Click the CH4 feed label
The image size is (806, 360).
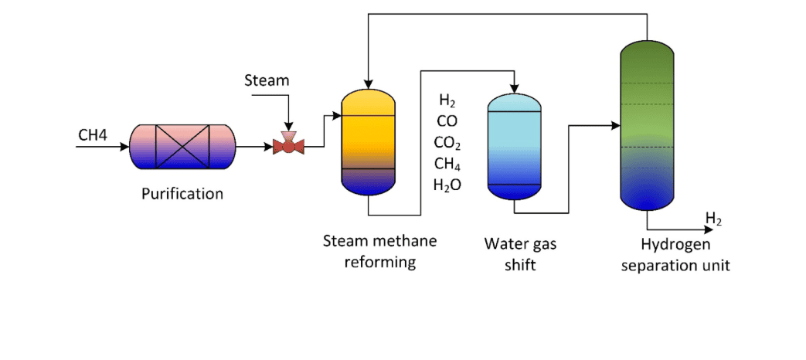click(92, 136)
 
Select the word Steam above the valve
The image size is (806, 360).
click(266, 80)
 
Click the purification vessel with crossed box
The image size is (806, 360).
click(182, 146)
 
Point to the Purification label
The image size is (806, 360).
click(182, 194)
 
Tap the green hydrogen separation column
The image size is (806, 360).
click(647, 127)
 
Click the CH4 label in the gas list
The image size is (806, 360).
click(447, 163)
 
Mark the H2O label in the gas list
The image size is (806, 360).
click(447, 185)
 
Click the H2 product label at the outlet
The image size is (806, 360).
click(713, 220)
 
